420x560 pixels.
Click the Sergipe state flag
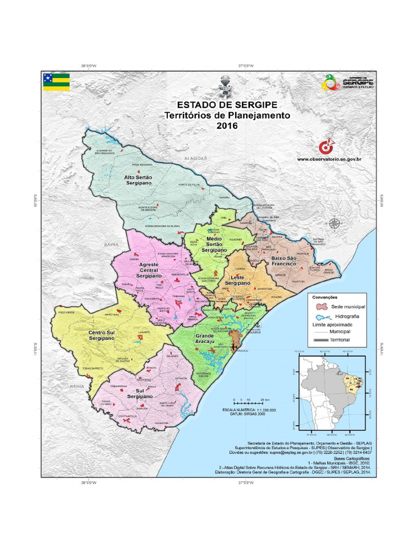point(56,81)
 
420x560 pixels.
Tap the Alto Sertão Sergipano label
point(138,181)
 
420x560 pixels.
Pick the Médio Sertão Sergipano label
point(213,244)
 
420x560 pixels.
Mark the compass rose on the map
point(334,223)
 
